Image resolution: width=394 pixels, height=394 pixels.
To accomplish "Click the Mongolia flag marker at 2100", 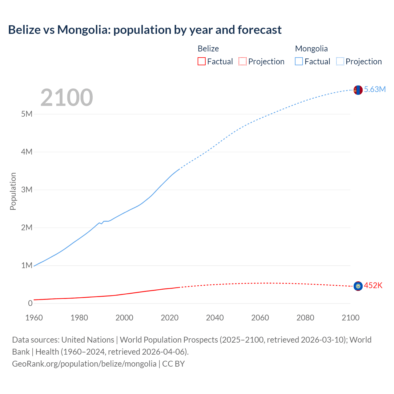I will [x=358, y=90].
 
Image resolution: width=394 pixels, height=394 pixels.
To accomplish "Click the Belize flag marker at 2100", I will [x=358, y=286].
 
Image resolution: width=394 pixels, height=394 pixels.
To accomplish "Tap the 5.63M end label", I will [x=375, y=89].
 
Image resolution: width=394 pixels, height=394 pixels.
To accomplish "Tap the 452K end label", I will [x=373, y=286].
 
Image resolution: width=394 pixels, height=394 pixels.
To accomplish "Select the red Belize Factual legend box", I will [x=202, y=62].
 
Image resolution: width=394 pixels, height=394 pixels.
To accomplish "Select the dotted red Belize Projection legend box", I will [x=243, y=62].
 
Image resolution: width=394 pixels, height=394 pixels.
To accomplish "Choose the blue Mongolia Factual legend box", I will [x=299, y=62].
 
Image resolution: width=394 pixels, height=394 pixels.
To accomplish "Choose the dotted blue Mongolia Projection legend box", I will [x=340, y=62].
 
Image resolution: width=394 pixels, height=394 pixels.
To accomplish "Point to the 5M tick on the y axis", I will [x=27, y=114].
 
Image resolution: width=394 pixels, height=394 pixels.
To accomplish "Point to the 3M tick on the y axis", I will [x=27, y=190].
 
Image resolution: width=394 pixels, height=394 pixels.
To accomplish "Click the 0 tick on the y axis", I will [x=30, y=304].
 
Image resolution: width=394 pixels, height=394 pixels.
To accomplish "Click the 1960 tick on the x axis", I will [x=34, y=318].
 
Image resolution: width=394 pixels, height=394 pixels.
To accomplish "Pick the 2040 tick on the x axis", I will [x=215, y=318].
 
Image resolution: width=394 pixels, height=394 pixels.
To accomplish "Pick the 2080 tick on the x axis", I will [x=305, y=318].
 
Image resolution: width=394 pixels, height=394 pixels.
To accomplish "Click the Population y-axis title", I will [x=13, y=191].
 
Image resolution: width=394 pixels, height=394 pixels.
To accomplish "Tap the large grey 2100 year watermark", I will [x=66, y=98].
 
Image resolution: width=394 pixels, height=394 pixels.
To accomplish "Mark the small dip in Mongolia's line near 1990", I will [x=102, y=223].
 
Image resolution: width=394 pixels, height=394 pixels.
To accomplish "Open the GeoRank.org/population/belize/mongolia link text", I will [x=84, y=364].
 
